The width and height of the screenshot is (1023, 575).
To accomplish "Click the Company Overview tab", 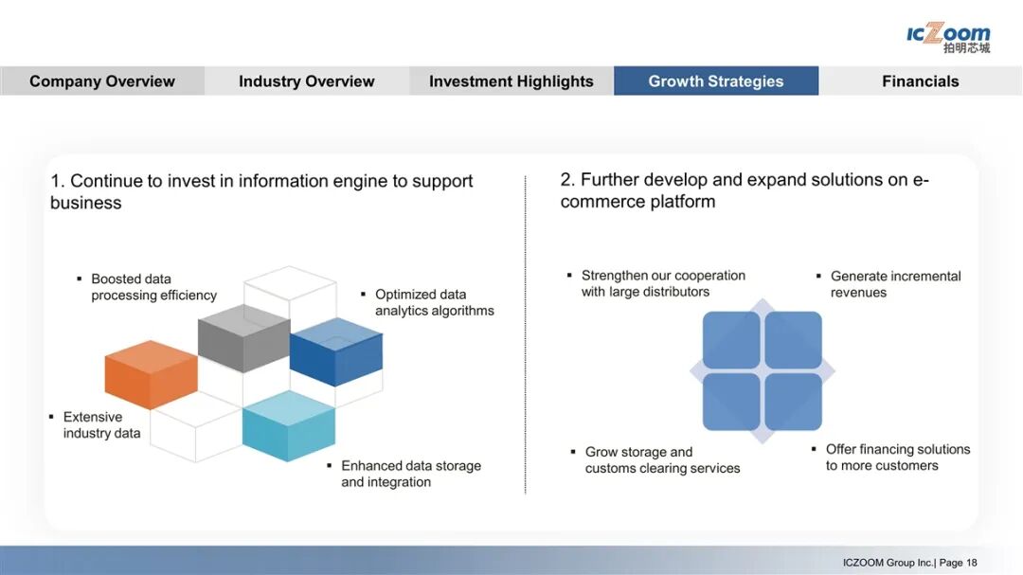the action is tap(102, 81).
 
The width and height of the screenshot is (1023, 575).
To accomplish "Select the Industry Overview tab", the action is tap(307, 81).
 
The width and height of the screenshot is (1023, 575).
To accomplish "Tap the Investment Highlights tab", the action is tap(511, 81).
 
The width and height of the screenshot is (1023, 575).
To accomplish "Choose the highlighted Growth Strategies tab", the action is tap(716, 81).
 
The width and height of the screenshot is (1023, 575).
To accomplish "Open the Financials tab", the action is tap(921, 81).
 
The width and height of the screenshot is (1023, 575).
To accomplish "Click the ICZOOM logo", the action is tap(948, 38).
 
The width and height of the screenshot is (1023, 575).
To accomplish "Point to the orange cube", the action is tap(151, 374).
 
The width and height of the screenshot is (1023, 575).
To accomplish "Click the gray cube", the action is tap(243, 338).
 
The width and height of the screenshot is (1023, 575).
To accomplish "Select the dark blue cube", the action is tap(336, 352).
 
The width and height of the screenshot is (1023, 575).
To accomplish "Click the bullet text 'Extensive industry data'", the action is tap(101, 425).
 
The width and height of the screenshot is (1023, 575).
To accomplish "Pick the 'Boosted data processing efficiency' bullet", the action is tap(153, 287).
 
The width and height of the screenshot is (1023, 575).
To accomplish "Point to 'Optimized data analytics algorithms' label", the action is tap(434, 302).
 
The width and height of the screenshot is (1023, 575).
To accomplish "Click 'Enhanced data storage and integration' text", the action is tap(410, 474).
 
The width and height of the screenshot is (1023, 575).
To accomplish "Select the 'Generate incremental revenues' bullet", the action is tap(895, 284).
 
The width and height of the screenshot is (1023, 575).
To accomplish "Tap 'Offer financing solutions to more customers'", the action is tap(897, 458).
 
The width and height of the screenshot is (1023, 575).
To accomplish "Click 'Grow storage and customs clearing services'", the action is tap(662, 460).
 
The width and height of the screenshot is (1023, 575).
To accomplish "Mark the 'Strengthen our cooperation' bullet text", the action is tap(663, 283).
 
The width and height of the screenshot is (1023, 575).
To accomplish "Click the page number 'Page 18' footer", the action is tap(958, 563).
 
